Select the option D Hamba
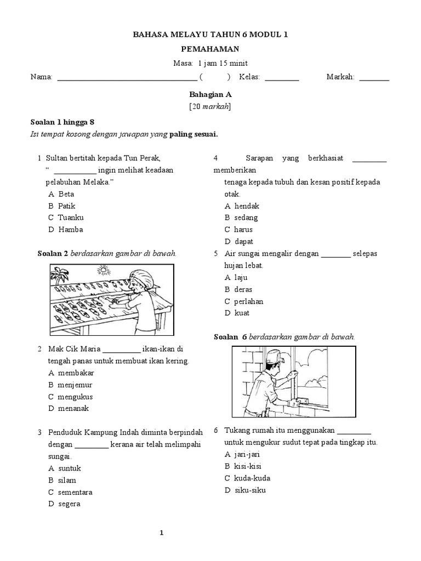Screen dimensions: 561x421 point(65,230)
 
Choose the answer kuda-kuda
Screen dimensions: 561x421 point(247,478)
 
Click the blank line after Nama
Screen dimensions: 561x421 point(127,78)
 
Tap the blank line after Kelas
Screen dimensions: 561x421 point(282,78)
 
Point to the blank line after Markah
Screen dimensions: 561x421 point(374,78)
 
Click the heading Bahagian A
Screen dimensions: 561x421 point(210,94)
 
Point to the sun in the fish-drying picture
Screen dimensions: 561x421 point(102,270)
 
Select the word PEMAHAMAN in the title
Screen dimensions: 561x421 point(210,49)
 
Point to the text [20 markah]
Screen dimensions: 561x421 point(210,107)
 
